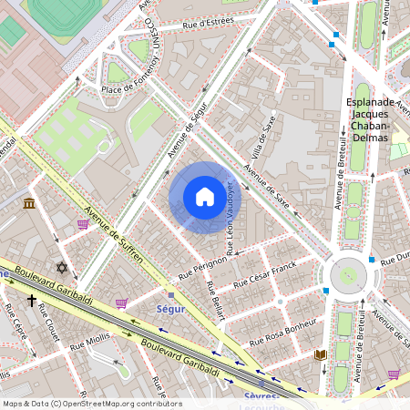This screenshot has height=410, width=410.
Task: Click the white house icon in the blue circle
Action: (204, 197)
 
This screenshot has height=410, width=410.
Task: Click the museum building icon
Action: (30, 202)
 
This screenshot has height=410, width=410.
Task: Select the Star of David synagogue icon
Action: (62, 268)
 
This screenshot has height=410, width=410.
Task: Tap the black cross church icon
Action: (31, 299)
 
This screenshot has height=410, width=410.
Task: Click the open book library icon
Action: (320, 354)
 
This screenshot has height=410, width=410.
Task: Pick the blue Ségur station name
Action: (170, 309)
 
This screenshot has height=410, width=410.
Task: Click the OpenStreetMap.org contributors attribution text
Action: (118, 403)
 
